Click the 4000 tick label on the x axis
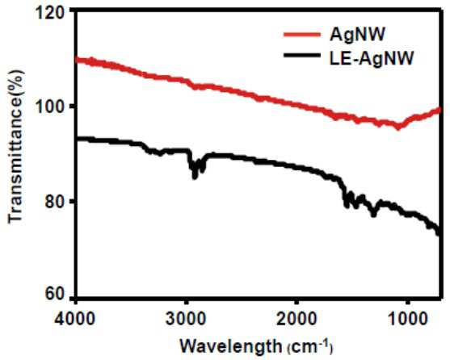[75, 318]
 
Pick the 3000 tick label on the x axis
[186, 318]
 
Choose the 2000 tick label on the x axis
[296, 318]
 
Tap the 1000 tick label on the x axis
[407, 318]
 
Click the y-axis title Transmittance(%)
[16, 146]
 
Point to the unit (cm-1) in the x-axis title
[310, 347]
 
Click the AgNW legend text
[357, 35]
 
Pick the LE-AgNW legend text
[372, 60]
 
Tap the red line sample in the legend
[302, 35]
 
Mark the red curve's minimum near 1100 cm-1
[398, 128]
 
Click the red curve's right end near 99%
[439, 110]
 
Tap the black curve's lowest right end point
[439, 233]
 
